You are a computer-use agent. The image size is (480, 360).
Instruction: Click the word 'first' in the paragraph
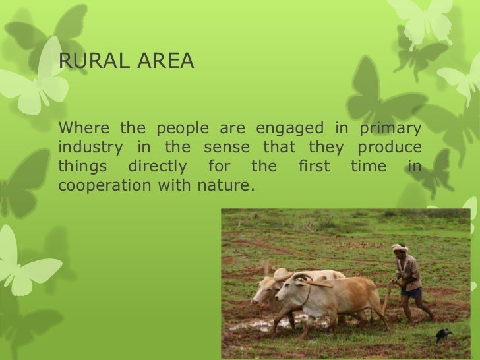tap(314, 167)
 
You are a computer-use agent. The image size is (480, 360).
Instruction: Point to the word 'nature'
tap(225, 186)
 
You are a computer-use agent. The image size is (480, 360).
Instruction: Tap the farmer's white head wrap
tap(400, 247)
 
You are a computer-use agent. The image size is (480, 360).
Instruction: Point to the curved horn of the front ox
tap(301, 277)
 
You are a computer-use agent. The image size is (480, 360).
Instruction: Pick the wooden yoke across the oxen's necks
tap(316, 284)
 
